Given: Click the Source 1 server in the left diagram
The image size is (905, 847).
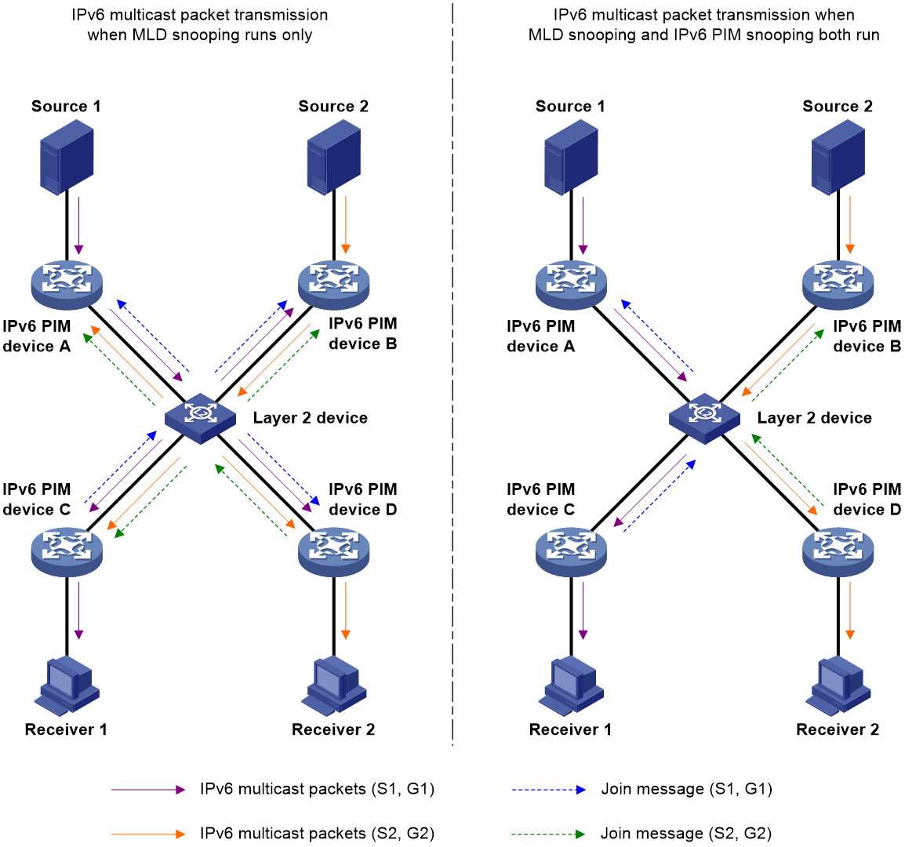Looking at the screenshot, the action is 67,157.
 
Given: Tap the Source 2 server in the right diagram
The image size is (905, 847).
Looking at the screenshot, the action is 838,157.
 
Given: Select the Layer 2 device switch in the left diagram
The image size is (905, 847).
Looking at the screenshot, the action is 200,418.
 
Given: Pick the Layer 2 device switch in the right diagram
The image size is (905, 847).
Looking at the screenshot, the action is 704,418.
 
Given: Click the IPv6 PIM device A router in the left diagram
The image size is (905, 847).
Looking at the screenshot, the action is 67,285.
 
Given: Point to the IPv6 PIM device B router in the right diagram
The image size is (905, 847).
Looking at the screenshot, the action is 838,285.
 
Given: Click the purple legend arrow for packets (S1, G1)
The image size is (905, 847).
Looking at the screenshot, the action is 148,789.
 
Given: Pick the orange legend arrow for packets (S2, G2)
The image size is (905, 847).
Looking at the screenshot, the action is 148,834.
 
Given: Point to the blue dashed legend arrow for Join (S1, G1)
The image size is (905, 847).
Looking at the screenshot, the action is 548,789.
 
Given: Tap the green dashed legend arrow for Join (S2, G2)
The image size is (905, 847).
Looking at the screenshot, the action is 548,834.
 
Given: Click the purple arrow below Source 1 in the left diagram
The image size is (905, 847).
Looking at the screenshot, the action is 79,226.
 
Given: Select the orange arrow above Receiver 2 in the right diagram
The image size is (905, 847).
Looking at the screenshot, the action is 850,611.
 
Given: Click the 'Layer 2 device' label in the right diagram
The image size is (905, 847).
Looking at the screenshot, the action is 814,418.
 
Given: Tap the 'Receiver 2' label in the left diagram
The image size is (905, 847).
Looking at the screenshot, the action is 333,729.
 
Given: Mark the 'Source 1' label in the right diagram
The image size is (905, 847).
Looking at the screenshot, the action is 570,106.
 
